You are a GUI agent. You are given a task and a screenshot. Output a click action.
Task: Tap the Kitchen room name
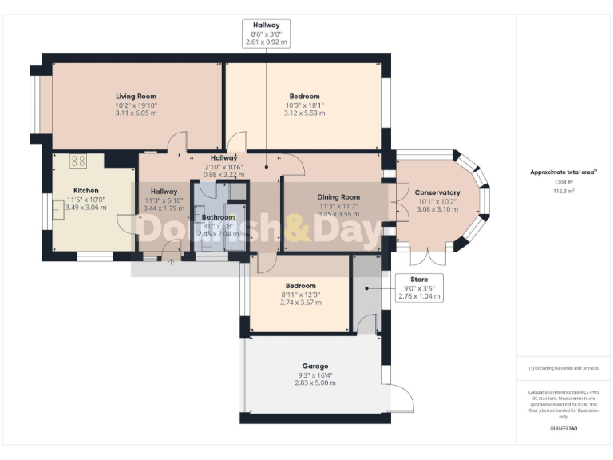[x=86, y=191]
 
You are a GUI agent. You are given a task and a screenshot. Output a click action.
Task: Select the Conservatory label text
[x=437, y=192]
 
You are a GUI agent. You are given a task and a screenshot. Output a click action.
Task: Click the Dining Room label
[x=339, y=196]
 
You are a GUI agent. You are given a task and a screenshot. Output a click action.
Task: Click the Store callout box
[x=419, y=287]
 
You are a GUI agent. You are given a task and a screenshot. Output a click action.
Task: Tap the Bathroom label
[x=218, y=217]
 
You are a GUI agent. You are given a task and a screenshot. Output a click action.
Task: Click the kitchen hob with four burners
[x=78, y=161]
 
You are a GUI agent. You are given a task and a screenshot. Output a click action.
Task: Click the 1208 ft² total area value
[x=563, y=182]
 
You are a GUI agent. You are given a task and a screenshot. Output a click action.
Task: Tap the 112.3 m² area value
[x=563, y=191]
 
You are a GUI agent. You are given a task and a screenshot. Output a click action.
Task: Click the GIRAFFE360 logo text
[x=563, y=429]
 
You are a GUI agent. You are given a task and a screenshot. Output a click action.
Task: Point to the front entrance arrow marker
[x=170, y=260]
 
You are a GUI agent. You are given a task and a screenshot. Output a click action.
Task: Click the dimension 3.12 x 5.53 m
[x=304, y=113]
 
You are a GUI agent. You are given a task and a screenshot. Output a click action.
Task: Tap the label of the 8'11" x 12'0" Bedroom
[x=300, y=286]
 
